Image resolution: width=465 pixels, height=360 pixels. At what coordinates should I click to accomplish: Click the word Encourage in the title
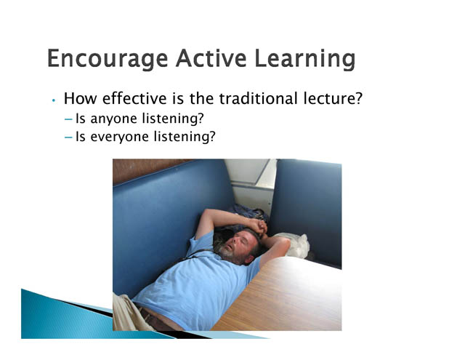point(108,59)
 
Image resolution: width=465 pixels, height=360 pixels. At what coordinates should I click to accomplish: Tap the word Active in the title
point(211,58)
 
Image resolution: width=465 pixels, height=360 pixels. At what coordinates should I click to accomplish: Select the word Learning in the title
point(305,59)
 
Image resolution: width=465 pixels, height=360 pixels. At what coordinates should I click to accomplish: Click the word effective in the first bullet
point(134,98)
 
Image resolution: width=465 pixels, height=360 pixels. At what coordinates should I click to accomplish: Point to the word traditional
point(258,98)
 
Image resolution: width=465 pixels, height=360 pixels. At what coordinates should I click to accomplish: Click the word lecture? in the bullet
point(333,98)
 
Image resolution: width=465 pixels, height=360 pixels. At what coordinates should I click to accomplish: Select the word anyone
point(113,119)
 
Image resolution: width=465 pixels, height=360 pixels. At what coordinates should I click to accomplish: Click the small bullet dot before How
point(53,100)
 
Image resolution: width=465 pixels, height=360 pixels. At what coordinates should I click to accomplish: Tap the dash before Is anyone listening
point(68,119)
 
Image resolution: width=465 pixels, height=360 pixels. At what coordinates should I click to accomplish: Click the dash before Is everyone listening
point(68,137)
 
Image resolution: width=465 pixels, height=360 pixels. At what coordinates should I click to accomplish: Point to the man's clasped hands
point(259,227)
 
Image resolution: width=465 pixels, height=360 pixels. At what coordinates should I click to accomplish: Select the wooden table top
point(285,297)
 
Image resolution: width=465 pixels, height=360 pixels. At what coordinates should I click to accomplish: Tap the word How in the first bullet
point(80,98)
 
